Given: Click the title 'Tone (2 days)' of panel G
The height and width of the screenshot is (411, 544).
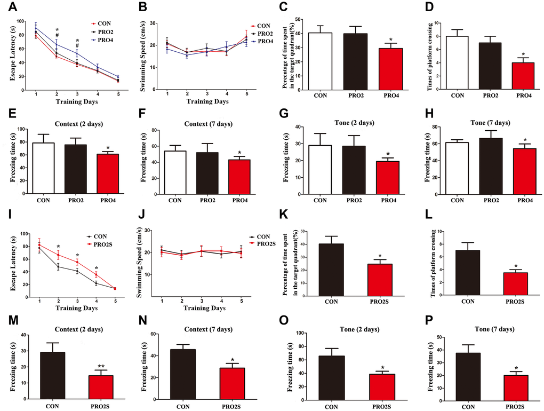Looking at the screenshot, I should pos(364,123).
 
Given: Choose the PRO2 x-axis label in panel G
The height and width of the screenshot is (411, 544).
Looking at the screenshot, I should pos(364,201).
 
